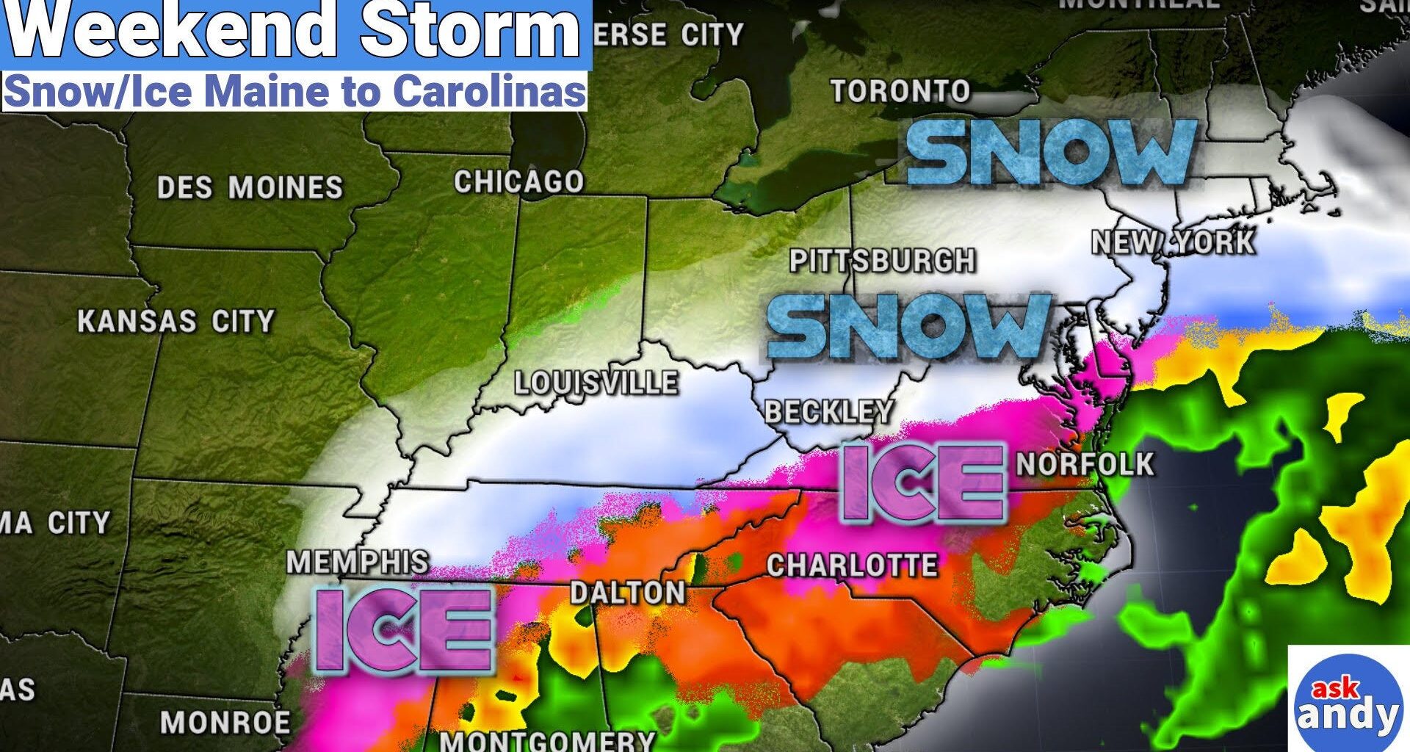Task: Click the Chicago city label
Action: pyautogui.click(x=518, y=181)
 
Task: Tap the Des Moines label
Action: pyautogui.click(x=250, y=188)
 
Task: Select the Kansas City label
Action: pyautogui.click(x=176, y=322)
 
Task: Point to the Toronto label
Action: pyautogui.click(x=900, y=91)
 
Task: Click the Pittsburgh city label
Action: pyautogui.click(x=882, y=261)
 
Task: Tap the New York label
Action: pyautogui.click(x=1173, y=242)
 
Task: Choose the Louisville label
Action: pyautogui.click(x=596, y=383)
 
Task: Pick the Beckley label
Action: pyautogui.click(x=829, y=412)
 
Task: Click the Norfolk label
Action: pyautogui.click(x=1085, y=464)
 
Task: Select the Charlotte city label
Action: pyautogui.click(x=852, y=565)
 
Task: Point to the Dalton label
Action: pyautogui.click(x=627, y=593)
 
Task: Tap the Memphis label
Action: pyautogui.click(x=357, y=563)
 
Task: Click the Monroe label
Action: pyautogui.click(x=225, y=723)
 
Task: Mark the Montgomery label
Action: pyautogui.click(x=546, y=740)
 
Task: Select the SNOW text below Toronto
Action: pyautogui.click(x=1052, y=153)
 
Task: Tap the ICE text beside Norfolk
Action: pyautogui.click(x=922, y=483)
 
